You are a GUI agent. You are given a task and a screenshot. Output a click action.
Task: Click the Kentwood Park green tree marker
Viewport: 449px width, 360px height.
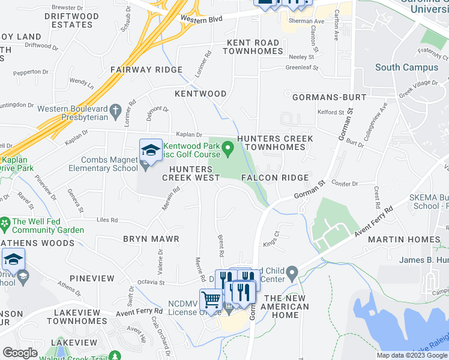228,147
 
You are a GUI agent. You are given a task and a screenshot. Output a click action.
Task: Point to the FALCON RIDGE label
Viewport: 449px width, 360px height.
275,178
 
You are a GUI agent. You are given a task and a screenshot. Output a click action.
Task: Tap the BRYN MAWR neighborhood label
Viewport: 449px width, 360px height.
151,239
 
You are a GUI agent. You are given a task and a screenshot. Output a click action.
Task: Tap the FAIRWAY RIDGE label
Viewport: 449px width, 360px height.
146,70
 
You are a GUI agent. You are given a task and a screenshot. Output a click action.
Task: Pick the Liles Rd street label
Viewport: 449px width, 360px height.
106,220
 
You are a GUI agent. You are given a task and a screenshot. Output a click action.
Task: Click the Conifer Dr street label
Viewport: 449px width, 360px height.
343,185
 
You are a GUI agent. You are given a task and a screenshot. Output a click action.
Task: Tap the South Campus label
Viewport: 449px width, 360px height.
406,67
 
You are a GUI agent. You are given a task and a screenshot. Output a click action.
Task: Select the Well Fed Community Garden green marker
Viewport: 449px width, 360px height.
5,221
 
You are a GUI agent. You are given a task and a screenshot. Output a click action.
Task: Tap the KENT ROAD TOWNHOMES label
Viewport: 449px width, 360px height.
253,47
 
